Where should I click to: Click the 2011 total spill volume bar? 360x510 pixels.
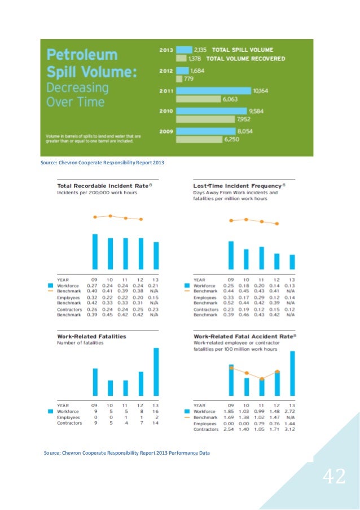point(214,90)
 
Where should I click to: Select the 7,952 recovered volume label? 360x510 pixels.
point(244,119)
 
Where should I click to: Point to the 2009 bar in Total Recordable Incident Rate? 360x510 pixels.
point(95,251)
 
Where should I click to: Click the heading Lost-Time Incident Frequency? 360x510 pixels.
point(237,185)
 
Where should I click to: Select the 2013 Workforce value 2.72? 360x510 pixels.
point(292,411)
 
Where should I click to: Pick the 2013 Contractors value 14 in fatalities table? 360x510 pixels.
point(156,422)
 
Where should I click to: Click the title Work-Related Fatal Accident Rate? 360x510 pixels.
point(243,336)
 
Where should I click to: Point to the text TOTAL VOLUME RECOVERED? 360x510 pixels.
point(245,58)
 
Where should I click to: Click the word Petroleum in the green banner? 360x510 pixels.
point(82,55)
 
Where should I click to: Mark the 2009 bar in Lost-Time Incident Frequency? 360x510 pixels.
point(231,255)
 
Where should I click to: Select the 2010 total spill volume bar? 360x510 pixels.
point(212,111)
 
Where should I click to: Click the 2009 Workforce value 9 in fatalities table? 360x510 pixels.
point(95,411)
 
